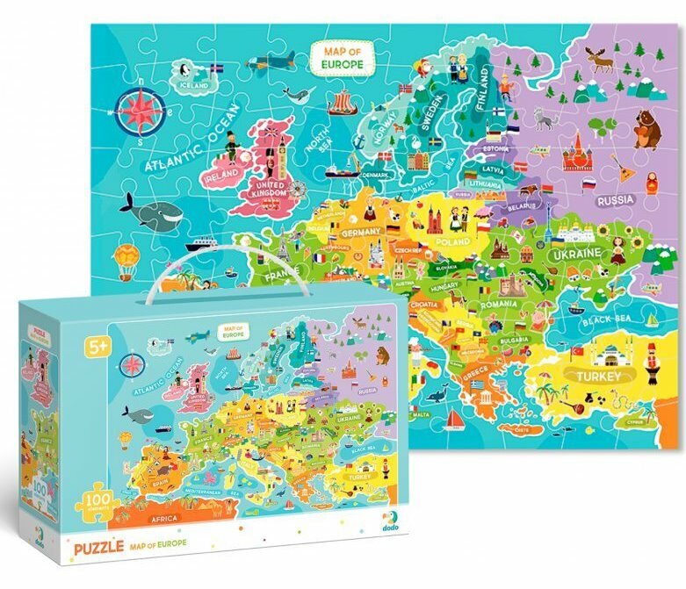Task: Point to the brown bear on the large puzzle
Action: [647, 130]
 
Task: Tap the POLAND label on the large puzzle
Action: [452, 241]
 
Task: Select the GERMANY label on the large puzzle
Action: [361, 233]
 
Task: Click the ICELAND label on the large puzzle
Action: [194, 86]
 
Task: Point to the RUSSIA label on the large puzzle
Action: [616, 200]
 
